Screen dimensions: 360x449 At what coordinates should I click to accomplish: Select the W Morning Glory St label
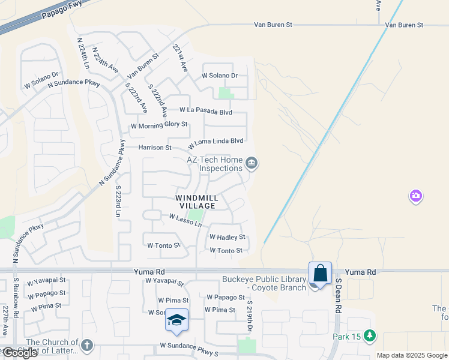pos(159,125)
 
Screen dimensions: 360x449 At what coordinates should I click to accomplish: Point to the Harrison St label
pos(155,147)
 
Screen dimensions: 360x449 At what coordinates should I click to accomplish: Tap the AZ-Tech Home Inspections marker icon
pos(252,163)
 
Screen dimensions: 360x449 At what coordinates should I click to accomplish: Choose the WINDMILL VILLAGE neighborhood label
pos(195,201)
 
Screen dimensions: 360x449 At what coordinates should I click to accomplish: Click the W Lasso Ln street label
pos(185,220)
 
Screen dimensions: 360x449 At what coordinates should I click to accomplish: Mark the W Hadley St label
pos(228,237)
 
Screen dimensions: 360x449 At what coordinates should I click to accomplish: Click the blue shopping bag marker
pos(321,273)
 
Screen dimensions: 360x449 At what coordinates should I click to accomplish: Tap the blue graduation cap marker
pos(176,320)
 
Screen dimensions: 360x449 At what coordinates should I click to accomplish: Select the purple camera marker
pos(416,196)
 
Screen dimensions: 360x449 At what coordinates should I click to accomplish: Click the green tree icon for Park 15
pos(370,336)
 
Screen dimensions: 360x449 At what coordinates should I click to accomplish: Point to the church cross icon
pos(87,345)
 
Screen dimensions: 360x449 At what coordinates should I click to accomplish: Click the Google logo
pos(19,353)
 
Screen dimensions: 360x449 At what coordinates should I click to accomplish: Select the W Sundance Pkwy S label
pos(188,346)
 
